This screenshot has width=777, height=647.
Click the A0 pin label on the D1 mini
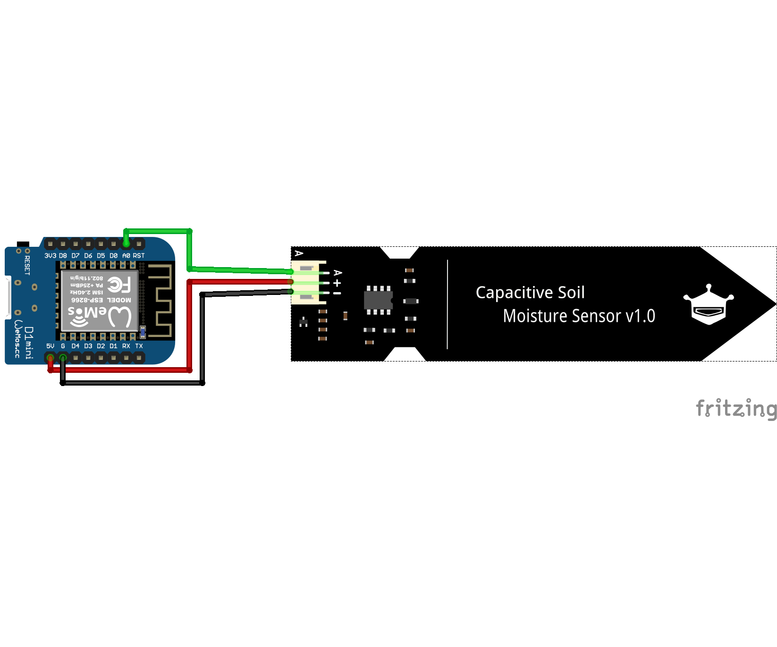coord(126,256)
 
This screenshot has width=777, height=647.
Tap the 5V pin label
coord(50,346)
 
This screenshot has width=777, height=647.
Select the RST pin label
coord(139,256)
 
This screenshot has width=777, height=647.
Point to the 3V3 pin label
coord(50,256)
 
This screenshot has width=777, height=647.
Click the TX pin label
coord(139,346)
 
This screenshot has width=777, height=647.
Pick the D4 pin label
coord(76,346)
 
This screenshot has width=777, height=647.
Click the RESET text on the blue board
coord(27,265)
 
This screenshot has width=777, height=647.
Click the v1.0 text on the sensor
coord(641,316)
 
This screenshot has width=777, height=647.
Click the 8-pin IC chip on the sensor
coord(378,300)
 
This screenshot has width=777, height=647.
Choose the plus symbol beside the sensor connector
coord(337,283)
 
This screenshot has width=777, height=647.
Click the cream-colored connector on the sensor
coord(307,283)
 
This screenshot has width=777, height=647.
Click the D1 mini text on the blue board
coord(29,343)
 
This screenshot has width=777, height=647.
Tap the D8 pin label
coord(63,256)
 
